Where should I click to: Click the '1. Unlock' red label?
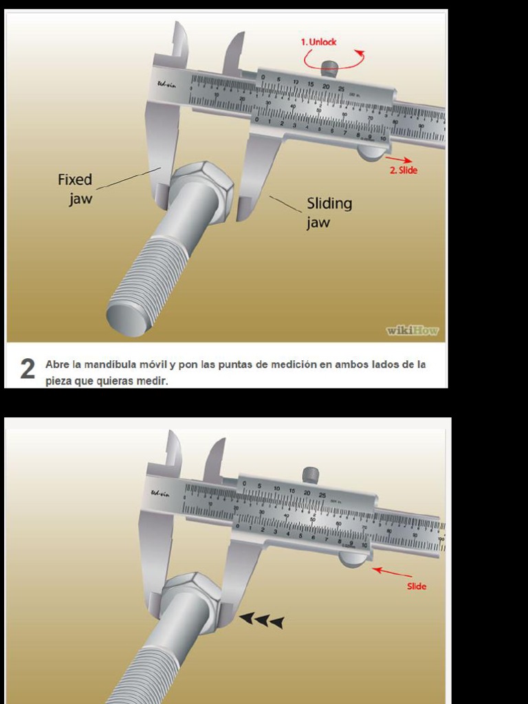click(318, 42)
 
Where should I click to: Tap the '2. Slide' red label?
click(404, 170)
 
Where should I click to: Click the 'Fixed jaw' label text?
click(75, 189)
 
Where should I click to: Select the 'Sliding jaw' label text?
click(329, 212)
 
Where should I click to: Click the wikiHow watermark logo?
click(412, 331)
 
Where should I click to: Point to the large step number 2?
click(27, 370)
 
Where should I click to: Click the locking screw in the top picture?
click(330, 68)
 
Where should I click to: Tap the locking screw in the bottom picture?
click(311, 474)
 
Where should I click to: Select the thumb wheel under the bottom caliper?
click(354, 560)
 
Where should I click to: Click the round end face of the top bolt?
click(127, 320)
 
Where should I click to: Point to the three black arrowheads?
click(261, 621)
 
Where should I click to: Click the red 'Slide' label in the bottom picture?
click(417, 586)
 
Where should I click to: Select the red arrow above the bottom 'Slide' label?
click(393, 572)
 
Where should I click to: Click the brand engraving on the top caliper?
click(166, 86)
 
